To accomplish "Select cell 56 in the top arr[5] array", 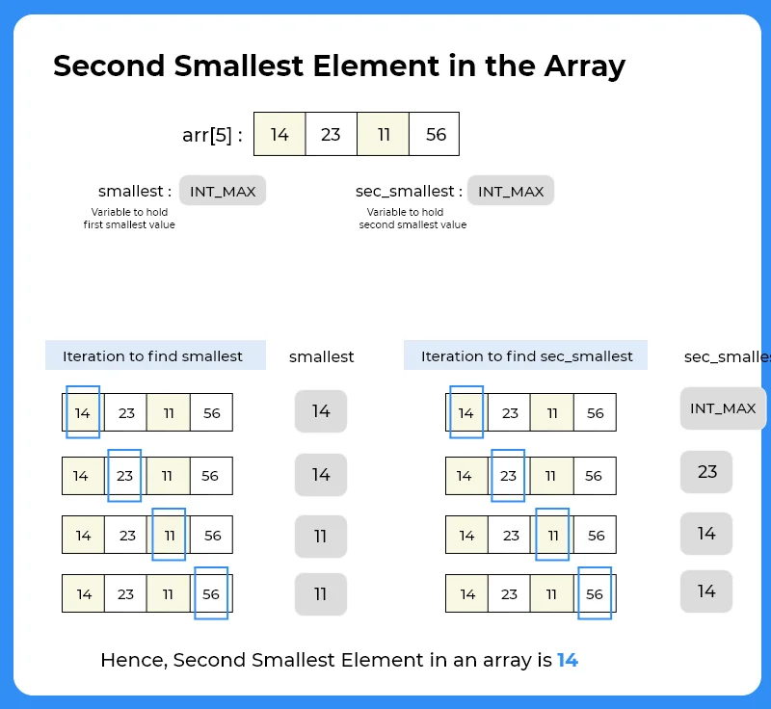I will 436,134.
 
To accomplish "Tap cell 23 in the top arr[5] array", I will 331,134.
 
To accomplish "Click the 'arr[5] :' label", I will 212,135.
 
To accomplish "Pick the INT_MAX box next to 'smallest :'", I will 223,191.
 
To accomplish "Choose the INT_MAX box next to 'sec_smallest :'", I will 511,191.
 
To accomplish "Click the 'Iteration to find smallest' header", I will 154,355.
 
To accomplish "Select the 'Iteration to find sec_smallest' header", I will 526,355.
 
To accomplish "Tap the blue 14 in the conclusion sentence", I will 568,661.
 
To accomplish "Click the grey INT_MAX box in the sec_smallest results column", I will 723,408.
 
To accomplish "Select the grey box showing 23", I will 706,472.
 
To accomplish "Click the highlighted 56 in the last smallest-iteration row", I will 211,593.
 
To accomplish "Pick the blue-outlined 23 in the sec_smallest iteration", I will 509,476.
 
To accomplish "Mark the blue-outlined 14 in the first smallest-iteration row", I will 83,412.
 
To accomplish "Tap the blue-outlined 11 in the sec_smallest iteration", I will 552,535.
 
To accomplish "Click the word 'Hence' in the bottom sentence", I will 132,661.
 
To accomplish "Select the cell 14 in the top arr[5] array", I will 279,134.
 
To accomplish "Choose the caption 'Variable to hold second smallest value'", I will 412,219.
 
